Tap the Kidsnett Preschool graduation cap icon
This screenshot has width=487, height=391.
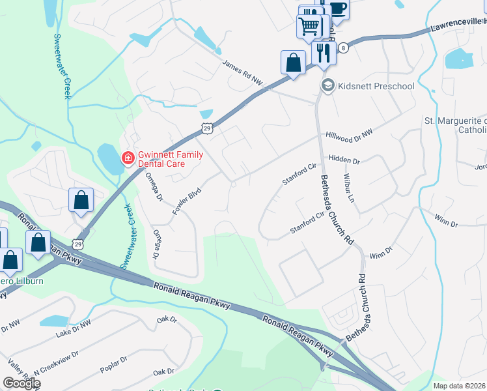pyautogui.click(x=327, y=86)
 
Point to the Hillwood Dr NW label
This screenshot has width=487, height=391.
pyautogui.click(x=349, y=136)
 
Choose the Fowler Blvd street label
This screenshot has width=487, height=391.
pyautogui.click(x=185, y=201)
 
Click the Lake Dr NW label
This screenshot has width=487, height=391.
pyautogui.click(x=73, y=327)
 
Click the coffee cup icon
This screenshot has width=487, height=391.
pyautogui.click(x=337, y=7)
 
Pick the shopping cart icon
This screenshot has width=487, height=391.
pyautogui.click(x=309, y=25)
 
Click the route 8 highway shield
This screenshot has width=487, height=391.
pyautogui.click(x=343, y=48)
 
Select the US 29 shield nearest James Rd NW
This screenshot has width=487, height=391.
pyautogui.click(x=206, y=128)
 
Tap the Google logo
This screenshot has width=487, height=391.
pyautogui.click(x=21, y=383)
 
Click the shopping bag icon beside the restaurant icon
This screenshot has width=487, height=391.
pyautogui.click(x=294, y=63)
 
